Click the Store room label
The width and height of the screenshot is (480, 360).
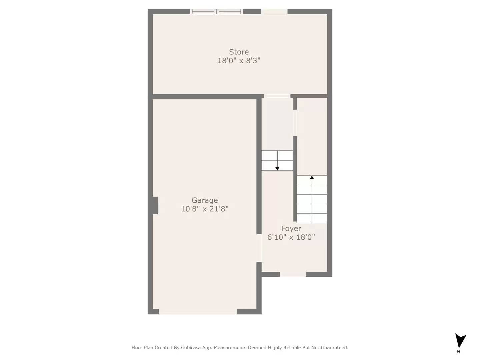click(239, 52)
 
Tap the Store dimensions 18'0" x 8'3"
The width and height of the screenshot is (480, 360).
click(239, 61)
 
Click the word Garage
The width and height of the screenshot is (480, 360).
click(205, 200)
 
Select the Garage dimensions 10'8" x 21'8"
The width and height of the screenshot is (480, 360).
click(205, 209)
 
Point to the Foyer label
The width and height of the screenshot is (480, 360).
click(291, 229)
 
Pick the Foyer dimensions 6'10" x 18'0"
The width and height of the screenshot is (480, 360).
click(291, 237)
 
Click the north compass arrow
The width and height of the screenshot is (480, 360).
click(460, 341)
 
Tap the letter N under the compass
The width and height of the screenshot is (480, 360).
click(458, 351)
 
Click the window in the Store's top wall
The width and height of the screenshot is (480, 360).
click(216, 11)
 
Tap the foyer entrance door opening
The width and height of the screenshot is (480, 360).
click(293, 274)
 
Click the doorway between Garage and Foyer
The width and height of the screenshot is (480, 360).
click(259, 248)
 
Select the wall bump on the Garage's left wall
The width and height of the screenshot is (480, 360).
click(155, 205)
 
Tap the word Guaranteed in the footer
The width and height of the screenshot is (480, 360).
click(335, 348)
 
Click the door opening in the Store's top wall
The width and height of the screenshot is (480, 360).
click(274, 11)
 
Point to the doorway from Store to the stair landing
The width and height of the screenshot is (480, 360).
click(277, 96)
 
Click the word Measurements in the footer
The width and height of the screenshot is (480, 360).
click(230, 348)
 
